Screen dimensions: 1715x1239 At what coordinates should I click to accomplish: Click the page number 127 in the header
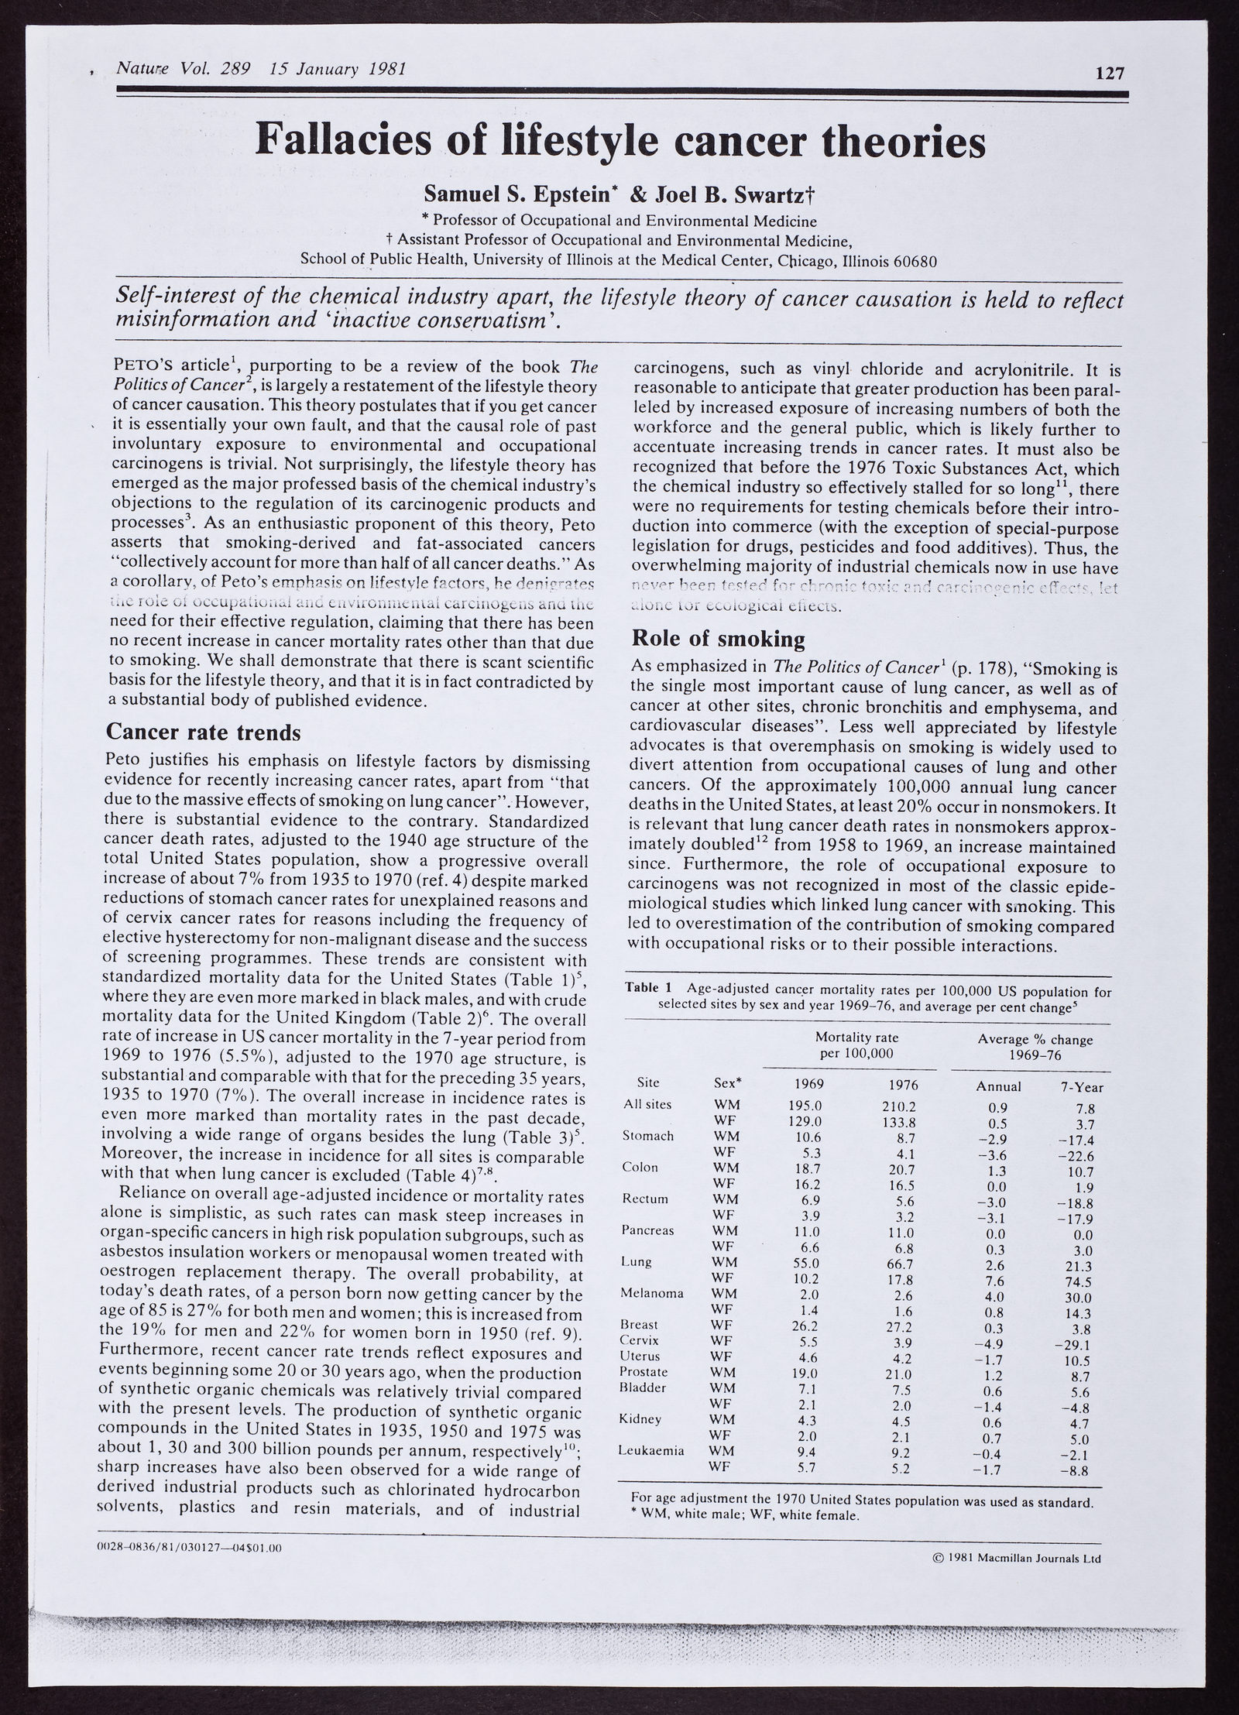tap(1108, 74)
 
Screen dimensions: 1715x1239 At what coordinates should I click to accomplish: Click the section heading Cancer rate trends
tap(203, 732)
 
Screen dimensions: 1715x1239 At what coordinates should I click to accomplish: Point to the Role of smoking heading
tap(719, 639)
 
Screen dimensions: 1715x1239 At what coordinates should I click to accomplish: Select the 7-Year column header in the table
tap(1082, 1087)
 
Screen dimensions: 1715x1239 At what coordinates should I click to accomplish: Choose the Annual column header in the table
tap(999, 1086)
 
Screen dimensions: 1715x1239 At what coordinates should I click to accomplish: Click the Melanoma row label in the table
tap(652, 1293)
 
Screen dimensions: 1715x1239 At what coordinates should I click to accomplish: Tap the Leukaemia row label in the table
tap(652, 1450)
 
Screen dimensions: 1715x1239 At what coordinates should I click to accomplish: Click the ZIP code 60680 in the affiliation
tap(915, 261)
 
